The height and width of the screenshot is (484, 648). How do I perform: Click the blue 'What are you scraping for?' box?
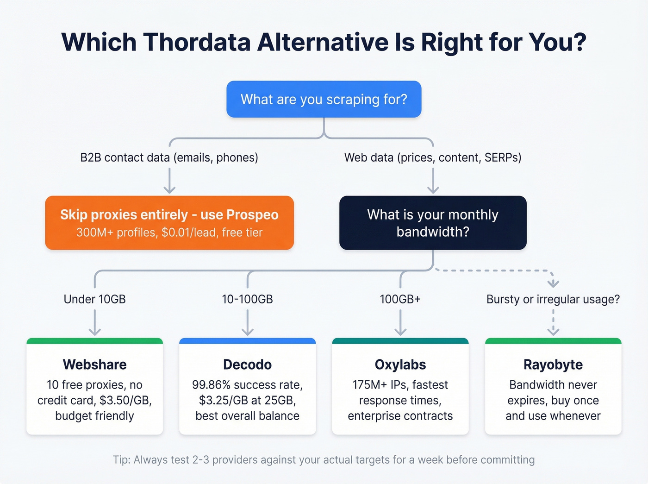pos(324,99)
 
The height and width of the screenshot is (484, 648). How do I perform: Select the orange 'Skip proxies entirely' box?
pos(169,223)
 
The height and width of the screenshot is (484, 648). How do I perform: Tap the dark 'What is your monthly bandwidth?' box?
pos(433,223)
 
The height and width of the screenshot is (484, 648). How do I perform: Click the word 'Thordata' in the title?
pos(197,42)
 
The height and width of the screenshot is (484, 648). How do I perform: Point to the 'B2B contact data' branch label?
pos(169,157)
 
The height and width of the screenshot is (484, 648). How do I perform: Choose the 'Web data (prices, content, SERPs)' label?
pos(433,157)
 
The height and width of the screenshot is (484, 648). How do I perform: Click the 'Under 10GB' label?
pos(94,299)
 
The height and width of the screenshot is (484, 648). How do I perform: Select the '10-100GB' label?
pos(247,299)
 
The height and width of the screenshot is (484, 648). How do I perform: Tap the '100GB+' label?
pos(400,299)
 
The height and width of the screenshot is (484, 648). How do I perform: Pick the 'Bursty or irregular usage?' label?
pos(553,299)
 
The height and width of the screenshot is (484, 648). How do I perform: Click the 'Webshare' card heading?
pos(94,365)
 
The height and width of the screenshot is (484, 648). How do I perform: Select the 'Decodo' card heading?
pos(247,365)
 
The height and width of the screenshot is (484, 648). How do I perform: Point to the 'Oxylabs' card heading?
pos(400,365)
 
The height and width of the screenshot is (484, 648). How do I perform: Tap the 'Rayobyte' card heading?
pos(553,365)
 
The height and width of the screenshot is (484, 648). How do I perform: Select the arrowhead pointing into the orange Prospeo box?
pos(169,190)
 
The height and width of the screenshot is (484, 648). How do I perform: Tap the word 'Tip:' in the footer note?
pos(122,460)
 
